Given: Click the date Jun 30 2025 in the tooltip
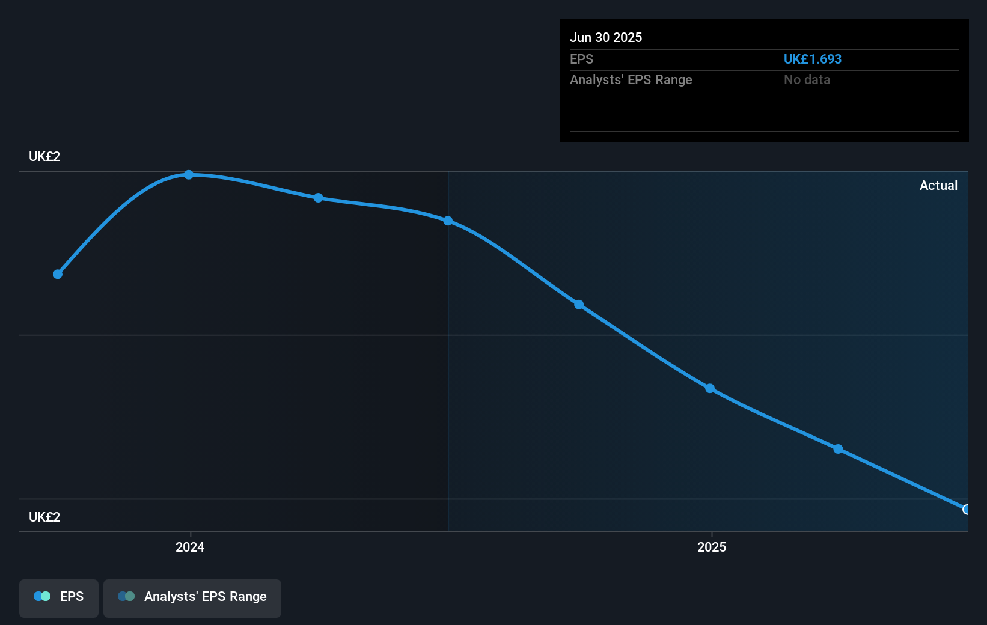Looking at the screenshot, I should [606, 38].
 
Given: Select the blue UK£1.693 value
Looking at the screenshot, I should [812, 59].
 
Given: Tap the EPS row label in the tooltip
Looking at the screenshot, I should [581, 59].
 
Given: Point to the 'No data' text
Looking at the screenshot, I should [807, 80].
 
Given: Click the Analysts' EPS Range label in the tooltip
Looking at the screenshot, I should [631, 80].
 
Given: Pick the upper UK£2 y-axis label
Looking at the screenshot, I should [44, 157].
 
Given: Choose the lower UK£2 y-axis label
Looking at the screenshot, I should [44, 517].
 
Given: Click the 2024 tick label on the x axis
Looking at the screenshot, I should [190, 547].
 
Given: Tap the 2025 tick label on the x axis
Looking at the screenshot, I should [712, 547].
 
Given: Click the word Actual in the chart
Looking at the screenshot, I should [938, 186].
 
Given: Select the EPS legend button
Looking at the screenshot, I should [59, 597].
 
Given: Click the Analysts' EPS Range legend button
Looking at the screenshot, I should [192, 597].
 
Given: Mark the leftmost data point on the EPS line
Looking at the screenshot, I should [58, 275].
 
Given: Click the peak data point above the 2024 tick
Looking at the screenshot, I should [189, 175].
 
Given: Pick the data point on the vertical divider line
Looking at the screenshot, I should [448, 221].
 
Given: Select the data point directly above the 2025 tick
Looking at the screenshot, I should [710, 389].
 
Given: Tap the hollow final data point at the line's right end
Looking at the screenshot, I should [967, 510].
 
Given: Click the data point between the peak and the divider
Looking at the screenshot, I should [319, 198].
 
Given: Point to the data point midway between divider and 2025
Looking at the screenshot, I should [579, 305].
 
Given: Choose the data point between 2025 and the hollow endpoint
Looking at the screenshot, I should [838, 449].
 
